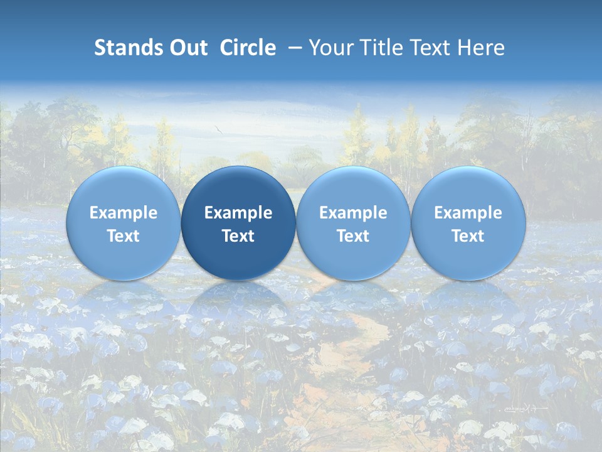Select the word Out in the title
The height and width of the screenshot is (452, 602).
pyautogui.click(x=187, y=48)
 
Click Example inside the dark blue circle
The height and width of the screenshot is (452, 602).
pyautogui.click(x=238, y=213)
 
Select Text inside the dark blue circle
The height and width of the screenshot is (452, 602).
pyautogui.click(x=238, y=236)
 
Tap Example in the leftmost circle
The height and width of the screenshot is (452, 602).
pyautogui.click(x=124, y=213)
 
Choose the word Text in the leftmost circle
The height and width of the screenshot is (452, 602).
pyautogui.click(x=124, y=236)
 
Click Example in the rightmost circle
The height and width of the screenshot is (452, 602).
pyautogui.click(x=468, y=213)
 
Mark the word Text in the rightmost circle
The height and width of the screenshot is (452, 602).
pyautogui.click(x=468, y=236)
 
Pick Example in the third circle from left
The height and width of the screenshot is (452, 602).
pyautogui.click(x=353, y=213)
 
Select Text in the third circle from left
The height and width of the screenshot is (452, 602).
pyautogui.click(x=353, y=236)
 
